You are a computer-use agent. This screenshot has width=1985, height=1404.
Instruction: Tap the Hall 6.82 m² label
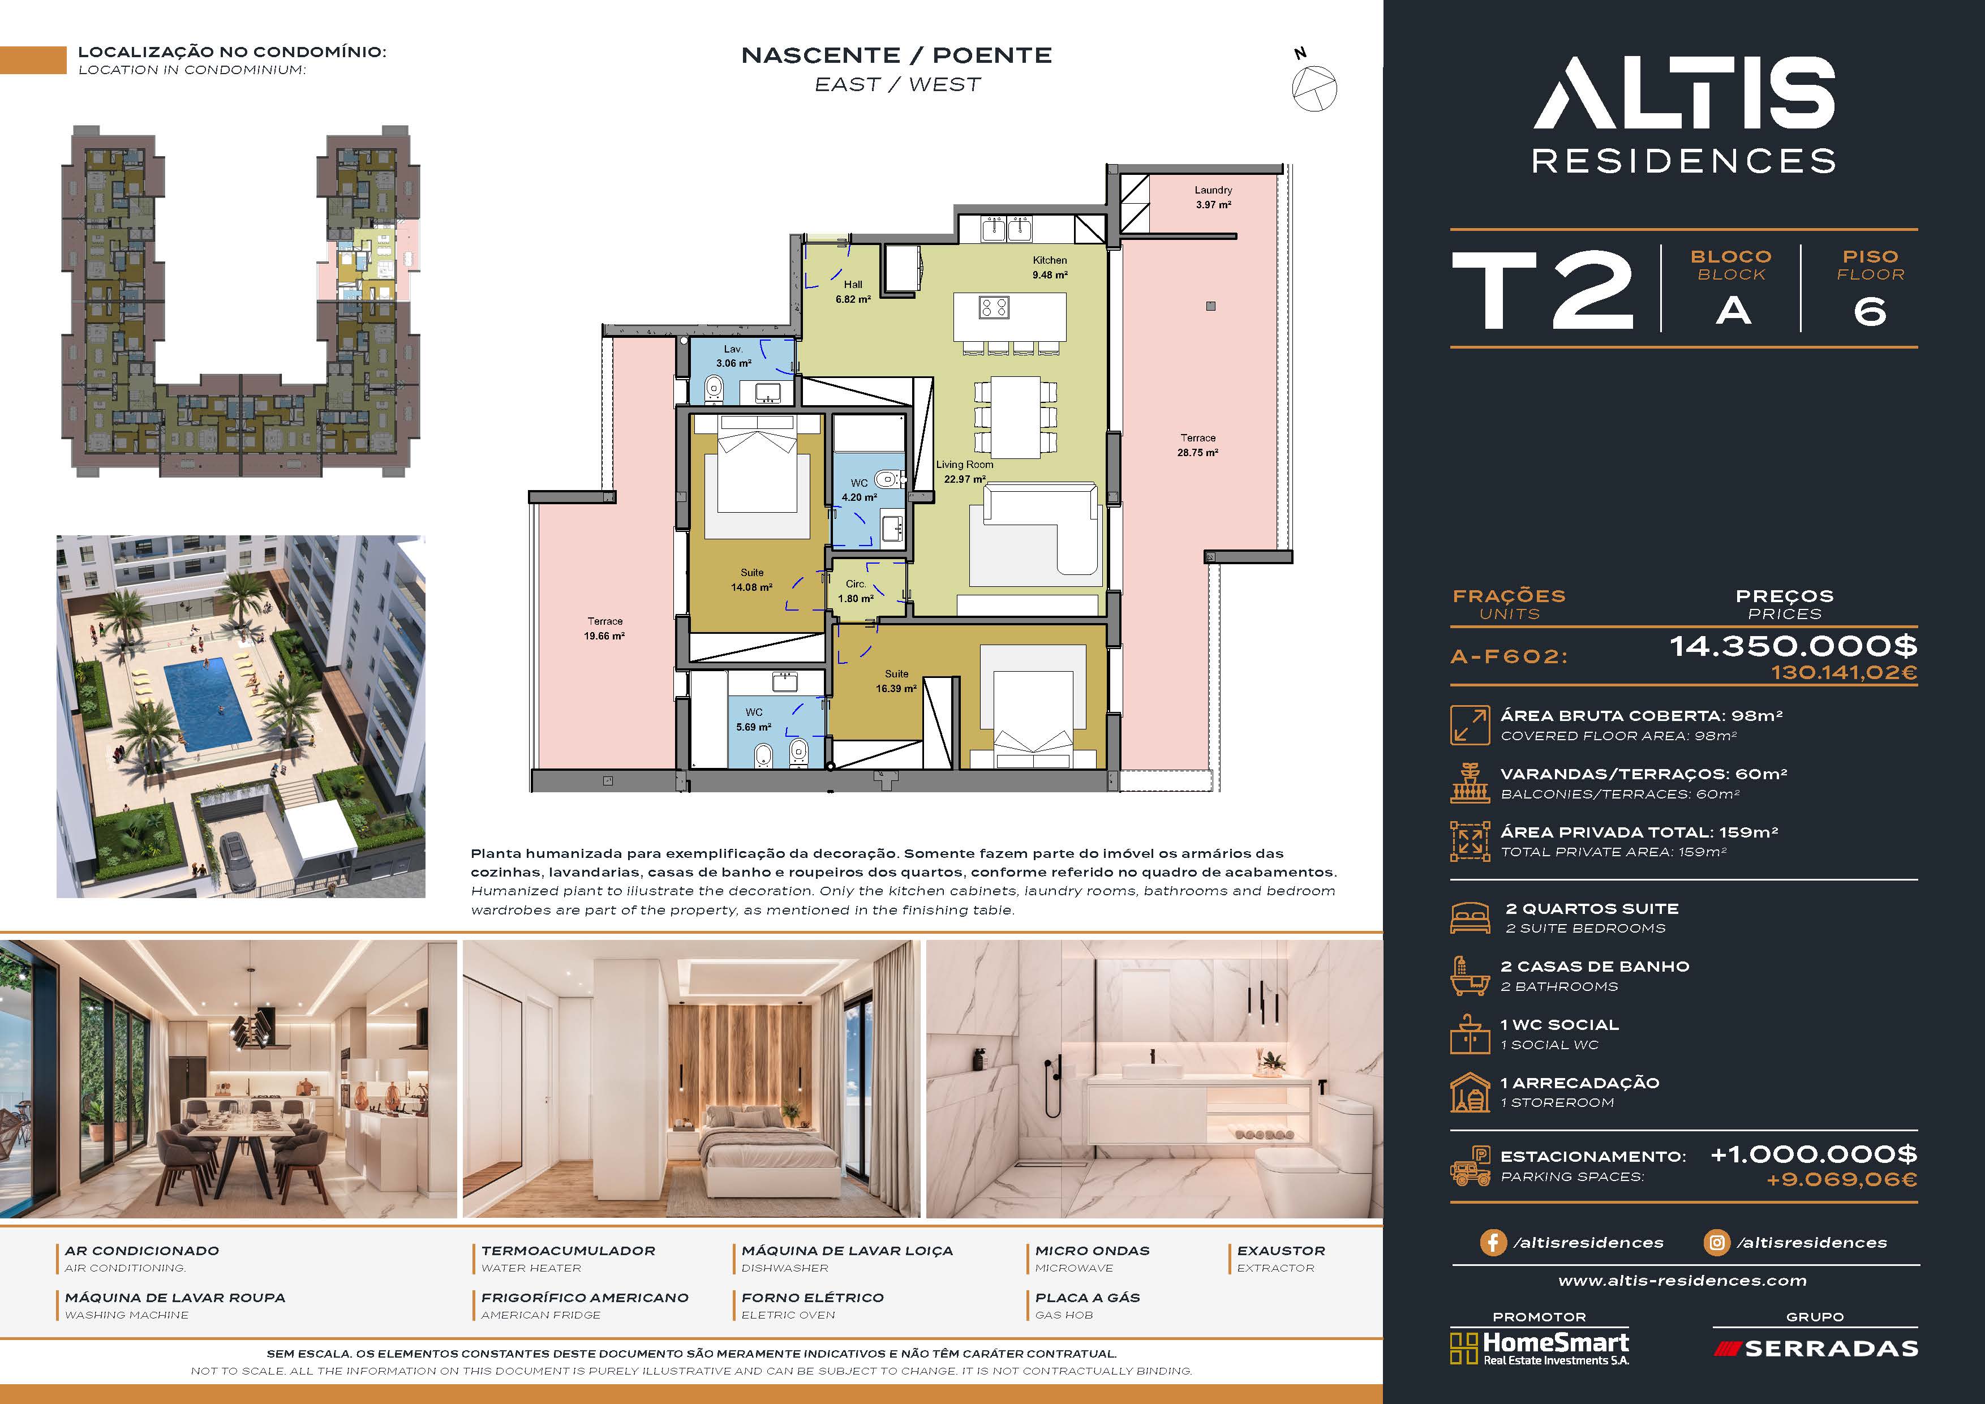(852, 291)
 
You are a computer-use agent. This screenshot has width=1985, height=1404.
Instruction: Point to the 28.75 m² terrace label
(1197, 445)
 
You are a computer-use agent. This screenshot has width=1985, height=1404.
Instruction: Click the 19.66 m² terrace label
(604, 629)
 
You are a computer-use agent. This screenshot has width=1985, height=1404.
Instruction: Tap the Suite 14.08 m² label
(751, 579)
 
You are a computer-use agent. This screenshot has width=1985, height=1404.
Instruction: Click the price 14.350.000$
(1793, 646)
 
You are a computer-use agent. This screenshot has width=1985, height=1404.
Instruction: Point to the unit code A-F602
(1509, 656)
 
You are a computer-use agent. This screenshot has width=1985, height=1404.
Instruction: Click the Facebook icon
(1492, 1242)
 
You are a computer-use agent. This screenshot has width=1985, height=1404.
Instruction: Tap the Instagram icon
(1716, 1242)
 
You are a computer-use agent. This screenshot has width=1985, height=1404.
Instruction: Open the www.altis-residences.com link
(1682, 1281)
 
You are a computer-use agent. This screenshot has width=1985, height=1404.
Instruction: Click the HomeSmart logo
(1540, 1348)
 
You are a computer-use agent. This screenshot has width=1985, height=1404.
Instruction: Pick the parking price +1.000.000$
(1814, 1154)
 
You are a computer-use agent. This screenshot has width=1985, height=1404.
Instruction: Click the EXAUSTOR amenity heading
(1281, 1251)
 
